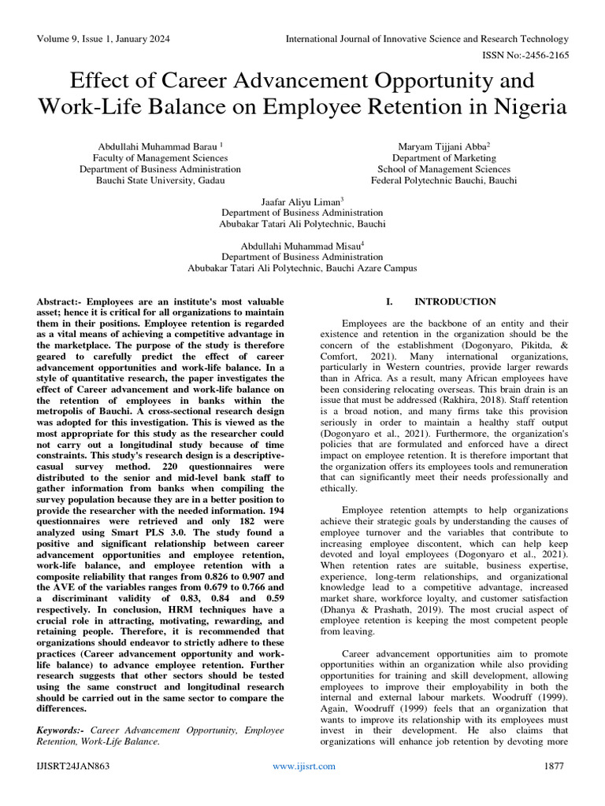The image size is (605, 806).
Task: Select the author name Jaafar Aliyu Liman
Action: click(x=301, y=201)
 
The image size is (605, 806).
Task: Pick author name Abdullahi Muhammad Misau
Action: click(x=301, y=245)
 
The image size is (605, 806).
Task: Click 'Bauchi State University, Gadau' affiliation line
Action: click(x=160, y=180)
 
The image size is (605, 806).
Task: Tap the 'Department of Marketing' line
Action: click(x=443, y=157)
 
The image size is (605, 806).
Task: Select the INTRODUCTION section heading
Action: click(x=455, y=301)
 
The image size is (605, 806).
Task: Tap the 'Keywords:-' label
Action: click(x=62, y=731)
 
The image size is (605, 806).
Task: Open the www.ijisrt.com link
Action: click(x=303, y=766)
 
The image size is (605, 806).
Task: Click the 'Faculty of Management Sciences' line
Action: click(x=160, y=157)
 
